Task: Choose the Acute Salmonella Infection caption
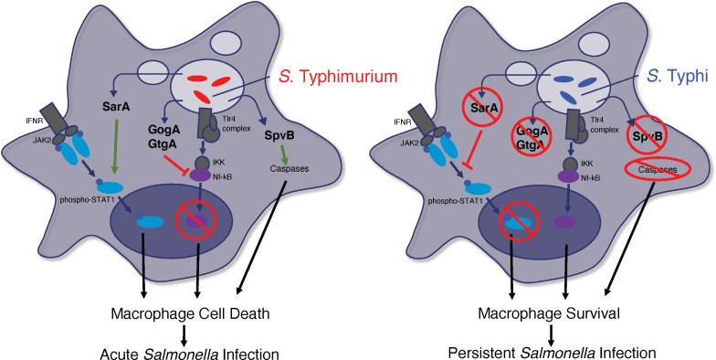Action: click(x=189, y=351)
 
